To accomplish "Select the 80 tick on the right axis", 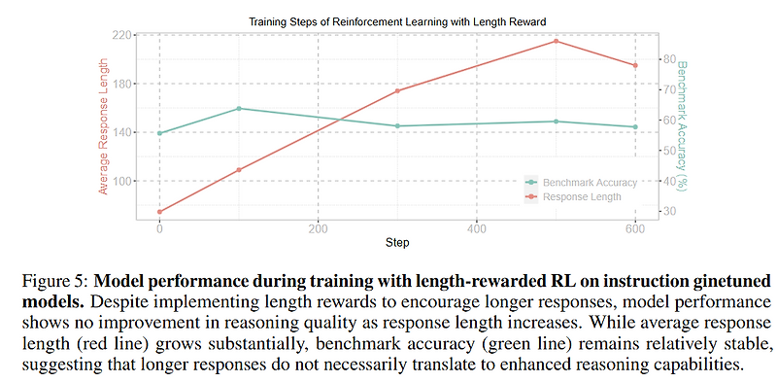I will [669, 59].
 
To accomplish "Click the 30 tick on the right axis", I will [669, 211].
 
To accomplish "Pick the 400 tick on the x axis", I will [476, 229].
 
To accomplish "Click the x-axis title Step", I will [395, 242].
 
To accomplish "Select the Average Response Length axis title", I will [102, 123].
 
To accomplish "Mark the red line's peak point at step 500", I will [556, 41].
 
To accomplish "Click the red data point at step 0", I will [159, 211].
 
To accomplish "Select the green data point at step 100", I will [239, 108].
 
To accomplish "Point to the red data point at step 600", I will [634, 65].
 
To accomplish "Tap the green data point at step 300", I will [397, 125].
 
